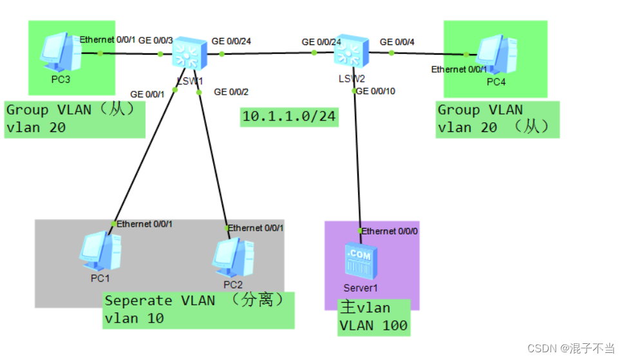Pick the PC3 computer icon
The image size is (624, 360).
[x=59, y=52]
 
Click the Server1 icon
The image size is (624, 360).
[x=360, y=261]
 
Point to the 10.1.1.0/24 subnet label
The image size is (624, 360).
[x=289, y=117]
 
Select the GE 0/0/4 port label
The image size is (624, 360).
[x=397, y=42]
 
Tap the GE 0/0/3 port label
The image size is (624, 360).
[x=155, y=41]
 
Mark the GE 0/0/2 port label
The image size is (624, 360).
[x=231, y=92]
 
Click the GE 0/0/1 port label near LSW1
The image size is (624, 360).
[x=147, y=93]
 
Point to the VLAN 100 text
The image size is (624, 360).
[x=373, y=325]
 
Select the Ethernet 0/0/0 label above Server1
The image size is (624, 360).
[x=390, y=231]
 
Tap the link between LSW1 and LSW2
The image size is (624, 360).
[x=268, y=53]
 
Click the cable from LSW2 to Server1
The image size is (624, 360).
[x=357, y=161]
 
